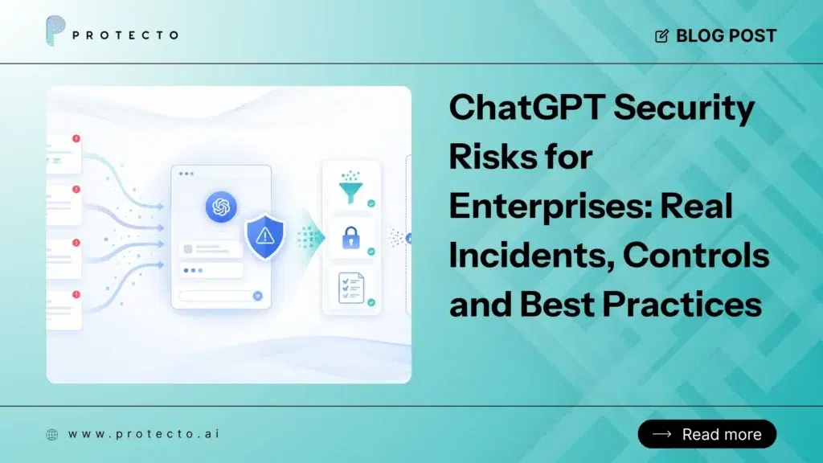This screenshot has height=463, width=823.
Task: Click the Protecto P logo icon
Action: pos(55,31)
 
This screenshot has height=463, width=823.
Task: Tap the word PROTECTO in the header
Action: pos(125,35)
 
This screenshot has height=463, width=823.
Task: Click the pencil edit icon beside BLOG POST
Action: pos(662,35)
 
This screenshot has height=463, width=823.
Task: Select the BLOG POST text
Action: pos(726,35)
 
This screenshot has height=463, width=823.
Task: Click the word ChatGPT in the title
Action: pos(527,107)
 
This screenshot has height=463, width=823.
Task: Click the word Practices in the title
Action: pos(682,304)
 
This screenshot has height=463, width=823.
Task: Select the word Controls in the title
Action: pos(697,255)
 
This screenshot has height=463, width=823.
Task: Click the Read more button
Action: pos(707,434)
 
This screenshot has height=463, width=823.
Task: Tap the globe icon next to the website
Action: pos(52,435)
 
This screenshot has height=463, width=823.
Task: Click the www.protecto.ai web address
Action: pos(144,434)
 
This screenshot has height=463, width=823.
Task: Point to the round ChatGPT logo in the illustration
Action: pos(221,207)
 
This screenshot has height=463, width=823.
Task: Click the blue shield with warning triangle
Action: pos(265,237)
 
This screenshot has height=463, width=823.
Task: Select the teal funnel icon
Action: pos(350,186)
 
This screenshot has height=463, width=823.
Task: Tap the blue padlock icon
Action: pos(351,237)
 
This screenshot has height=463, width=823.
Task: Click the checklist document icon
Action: pos(351,288)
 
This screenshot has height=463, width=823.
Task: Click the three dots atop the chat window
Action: pos(186,174)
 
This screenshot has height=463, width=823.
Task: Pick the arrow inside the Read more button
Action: pos(662,434)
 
